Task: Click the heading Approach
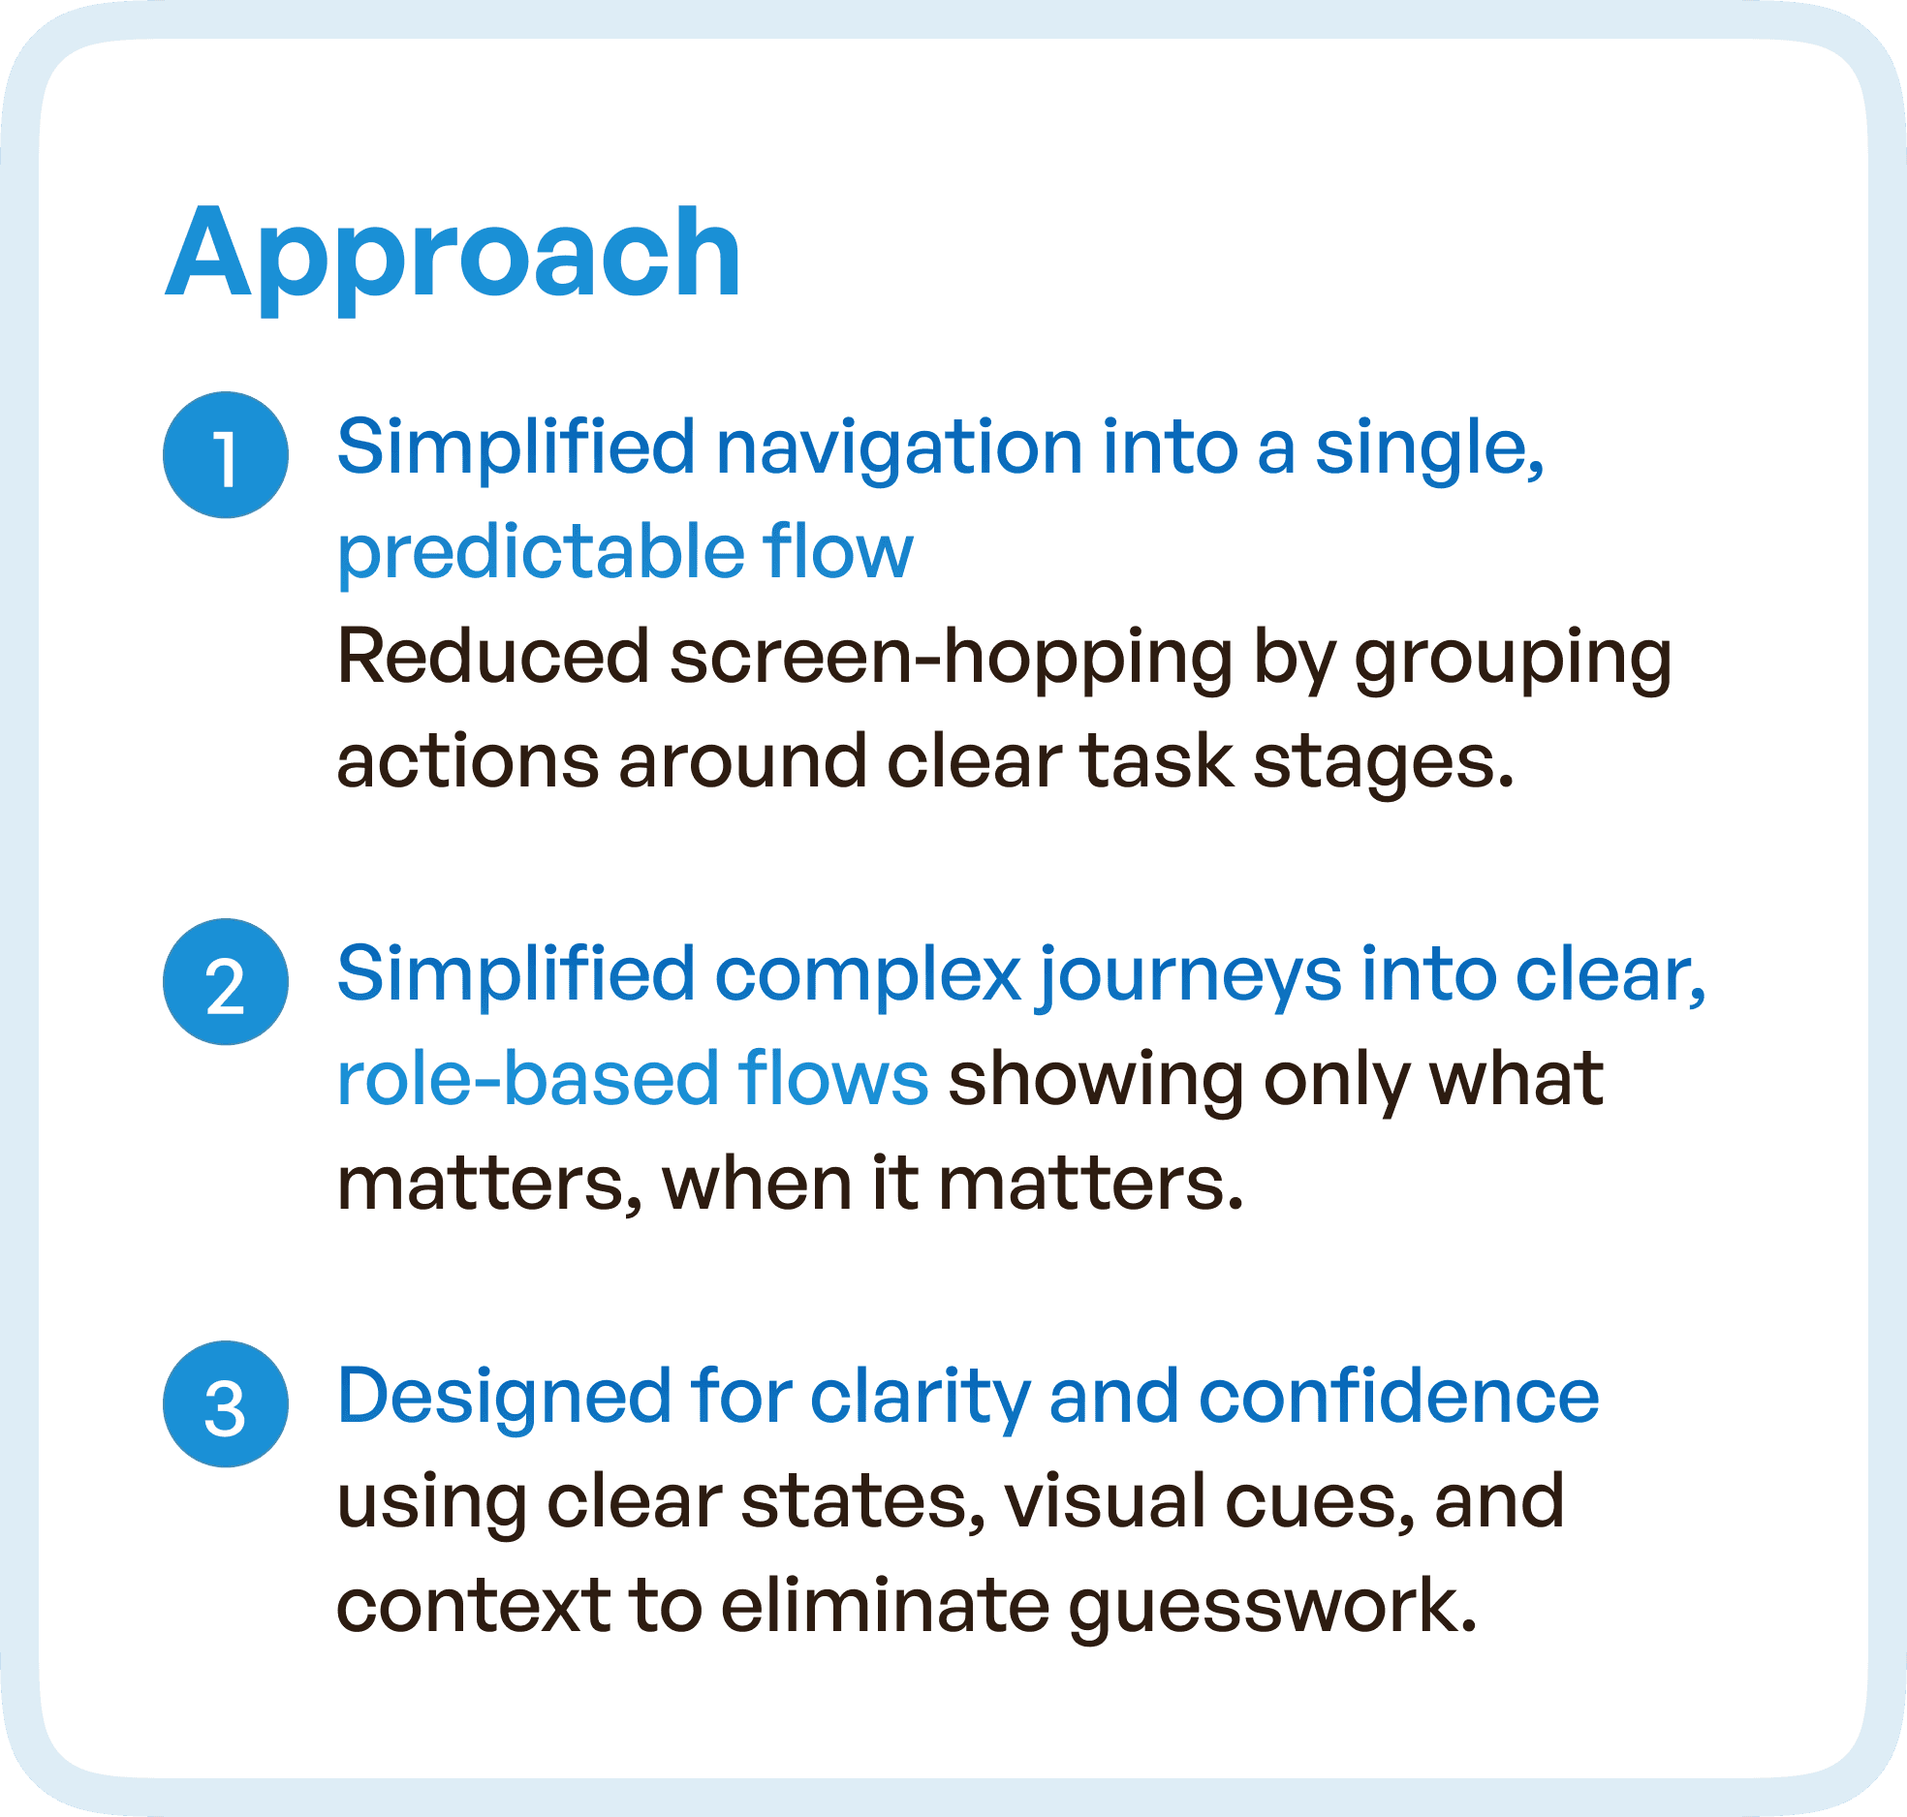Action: click(453, 254)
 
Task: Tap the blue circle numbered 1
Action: click(226, 455)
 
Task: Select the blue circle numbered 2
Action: click(226, 982)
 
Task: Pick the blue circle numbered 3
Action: click(226, 1404)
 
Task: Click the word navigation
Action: click(898, 448)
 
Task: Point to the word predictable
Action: click(539, 552)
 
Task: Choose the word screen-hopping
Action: click(951, 658)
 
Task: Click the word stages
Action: click(1383, 762)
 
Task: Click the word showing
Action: click(1095, 1080)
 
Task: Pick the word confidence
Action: click(1399, 1397)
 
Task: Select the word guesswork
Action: click(1272, 1607)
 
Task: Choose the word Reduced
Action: click(492, 658)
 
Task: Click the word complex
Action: click(867, 974)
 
